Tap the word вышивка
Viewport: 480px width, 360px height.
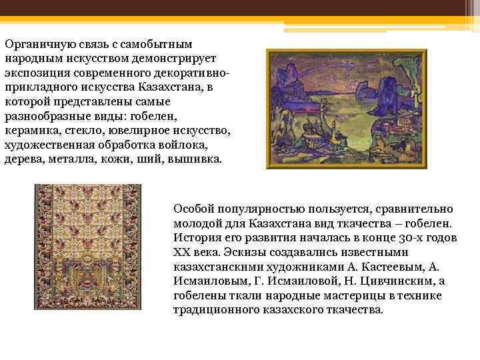(200, 161)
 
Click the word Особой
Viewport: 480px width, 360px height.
(193, 209)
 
